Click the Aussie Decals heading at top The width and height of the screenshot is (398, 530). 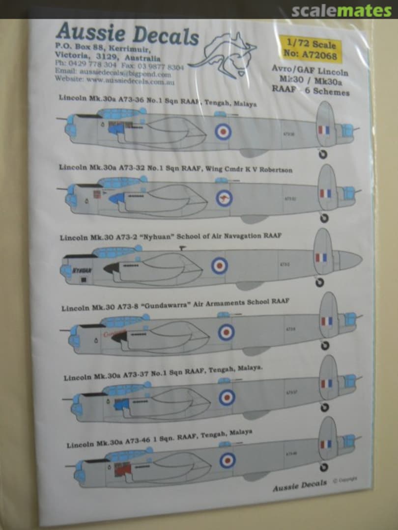tap(127, 35)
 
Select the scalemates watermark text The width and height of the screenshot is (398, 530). tap(341, 11)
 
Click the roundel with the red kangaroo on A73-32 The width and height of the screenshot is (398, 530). tap(224, 198)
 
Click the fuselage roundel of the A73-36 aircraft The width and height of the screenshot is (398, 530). tap(223, 131)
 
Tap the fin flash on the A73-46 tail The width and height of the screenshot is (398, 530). tap(326, 444)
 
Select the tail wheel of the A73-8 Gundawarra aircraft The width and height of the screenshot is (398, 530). tap(325, 345)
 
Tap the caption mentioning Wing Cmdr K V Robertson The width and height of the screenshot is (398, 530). tap(175, 169)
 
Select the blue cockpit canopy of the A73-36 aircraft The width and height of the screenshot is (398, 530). tap(117, 114)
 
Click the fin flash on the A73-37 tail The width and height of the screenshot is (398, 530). tap(326, 384)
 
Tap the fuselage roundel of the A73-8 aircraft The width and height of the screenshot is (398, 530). tap(226, 332)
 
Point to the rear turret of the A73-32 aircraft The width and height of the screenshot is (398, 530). tap(349, 193)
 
